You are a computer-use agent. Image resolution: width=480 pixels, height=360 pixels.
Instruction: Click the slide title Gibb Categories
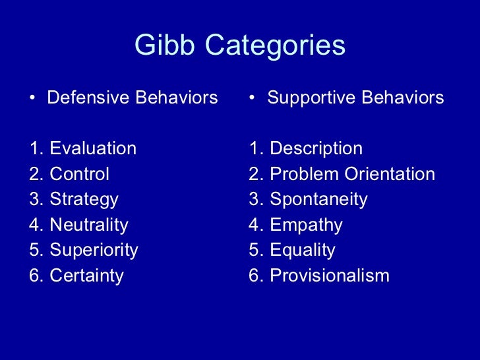(240, 45)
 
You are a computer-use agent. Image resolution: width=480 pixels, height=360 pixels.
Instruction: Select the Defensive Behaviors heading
(132, 98)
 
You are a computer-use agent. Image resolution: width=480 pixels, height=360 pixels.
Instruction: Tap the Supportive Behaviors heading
(355, 98)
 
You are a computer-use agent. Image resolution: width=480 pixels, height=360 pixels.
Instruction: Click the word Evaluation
(93, 149)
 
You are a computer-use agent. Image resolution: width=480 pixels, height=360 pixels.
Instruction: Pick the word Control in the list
(79, 174)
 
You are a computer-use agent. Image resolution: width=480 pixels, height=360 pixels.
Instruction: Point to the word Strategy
(84, 200)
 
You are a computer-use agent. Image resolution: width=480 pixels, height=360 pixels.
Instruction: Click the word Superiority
(94, 251)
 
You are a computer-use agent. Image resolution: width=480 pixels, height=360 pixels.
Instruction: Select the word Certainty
(86, 276)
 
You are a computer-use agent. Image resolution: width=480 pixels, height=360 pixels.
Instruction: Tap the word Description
(316, 149)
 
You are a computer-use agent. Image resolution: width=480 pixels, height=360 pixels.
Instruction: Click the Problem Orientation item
(352, 174)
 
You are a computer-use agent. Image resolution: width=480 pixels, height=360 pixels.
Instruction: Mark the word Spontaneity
(318, 200)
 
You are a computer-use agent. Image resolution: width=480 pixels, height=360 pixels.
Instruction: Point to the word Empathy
(306, 225)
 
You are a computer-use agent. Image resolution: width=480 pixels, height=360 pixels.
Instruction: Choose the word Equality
(303, 251)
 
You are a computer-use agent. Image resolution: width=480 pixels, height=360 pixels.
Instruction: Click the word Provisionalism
(330, 276)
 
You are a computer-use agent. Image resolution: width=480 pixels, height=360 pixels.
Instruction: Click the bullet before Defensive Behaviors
(34, 99)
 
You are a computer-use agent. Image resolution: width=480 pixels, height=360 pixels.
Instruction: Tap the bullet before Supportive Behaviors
(253, 99)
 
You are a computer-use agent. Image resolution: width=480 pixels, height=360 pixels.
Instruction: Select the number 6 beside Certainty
(34, 276)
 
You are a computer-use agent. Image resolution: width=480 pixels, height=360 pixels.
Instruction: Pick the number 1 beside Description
(254, 149)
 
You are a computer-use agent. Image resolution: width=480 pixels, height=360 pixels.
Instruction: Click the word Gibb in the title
(158, 45)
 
